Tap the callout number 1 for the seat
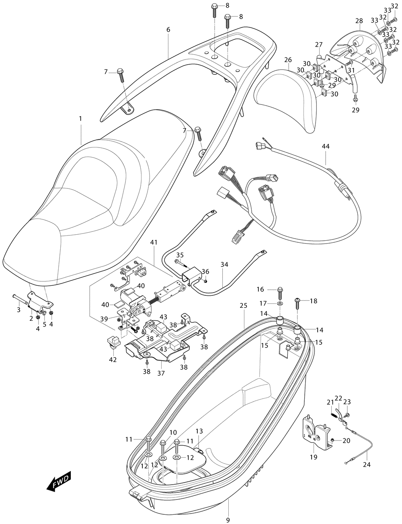click(80, 119)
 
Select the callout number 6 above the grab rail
click(168, 30)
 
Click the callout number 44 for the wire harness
click(326, 146)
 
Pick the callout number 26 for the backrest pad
click(288, 60)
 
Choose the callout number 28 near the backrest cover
click(359, 21)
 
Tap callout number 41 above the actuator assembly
click(154, 242)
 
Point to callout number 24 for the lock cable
click(367, 465)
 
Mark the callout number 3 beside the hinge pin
click(18, 310)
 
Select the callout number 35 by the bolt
click(180, 255)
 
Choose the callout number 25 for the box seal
click(244, 306)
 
